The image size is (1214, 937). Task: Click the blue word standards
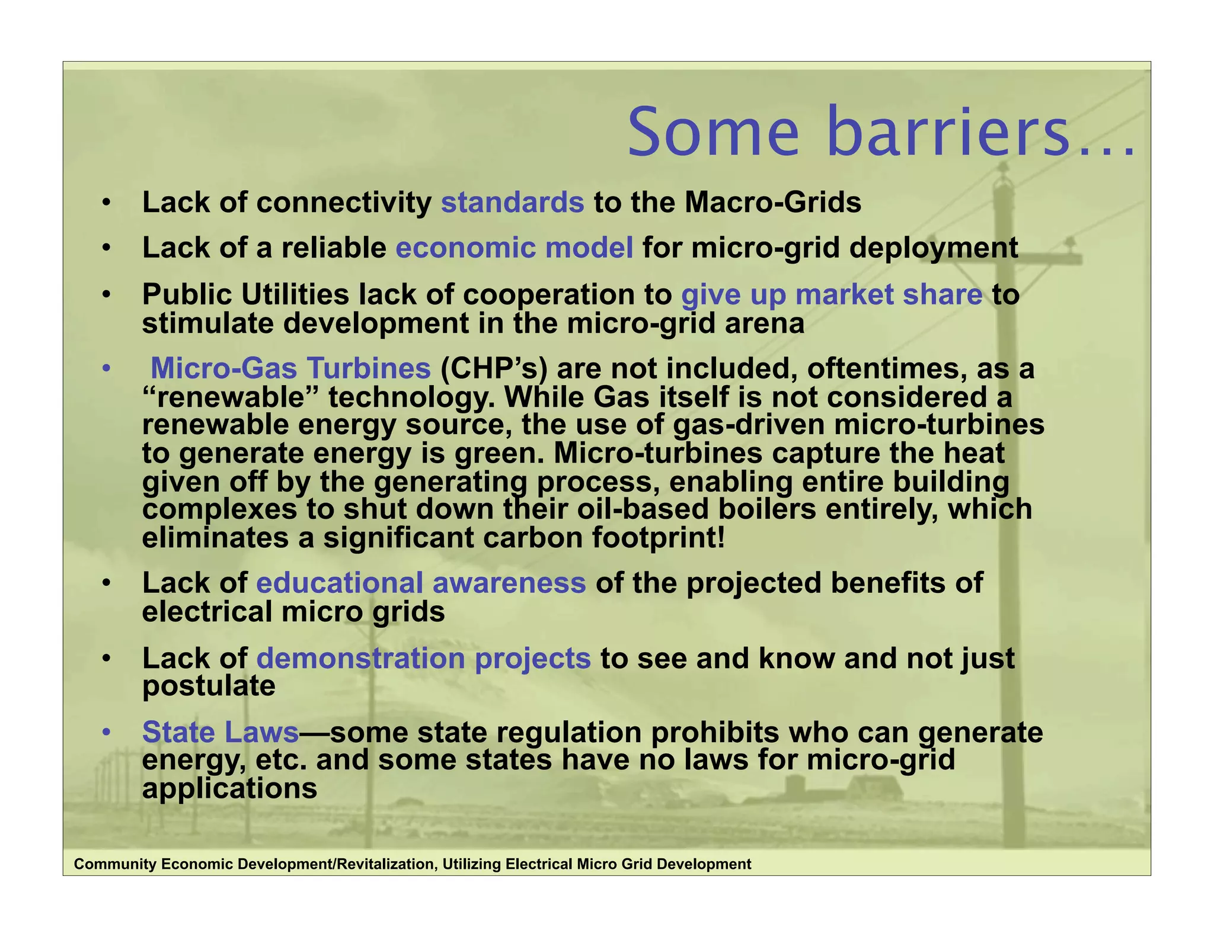tap(512, 203)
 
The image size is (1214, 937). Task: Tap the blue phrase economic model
tap(514, 248)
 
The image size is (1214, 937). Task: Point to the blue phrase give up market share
tap(832, 295)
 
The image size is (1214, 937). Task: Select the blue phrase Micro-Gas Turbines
tap(290, 368)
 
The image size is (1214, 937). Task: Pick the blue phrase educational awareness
tap(421, 583)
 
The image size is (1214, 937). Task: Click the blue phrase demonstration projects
tap(423, 658)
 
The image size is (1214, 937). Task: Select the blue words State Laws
tap(221, 732)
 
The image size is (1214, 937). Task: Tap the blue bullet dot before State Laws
tap(106, 733)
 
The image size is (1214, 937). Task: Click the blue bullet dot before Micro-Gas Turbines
tap(106, 369)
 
